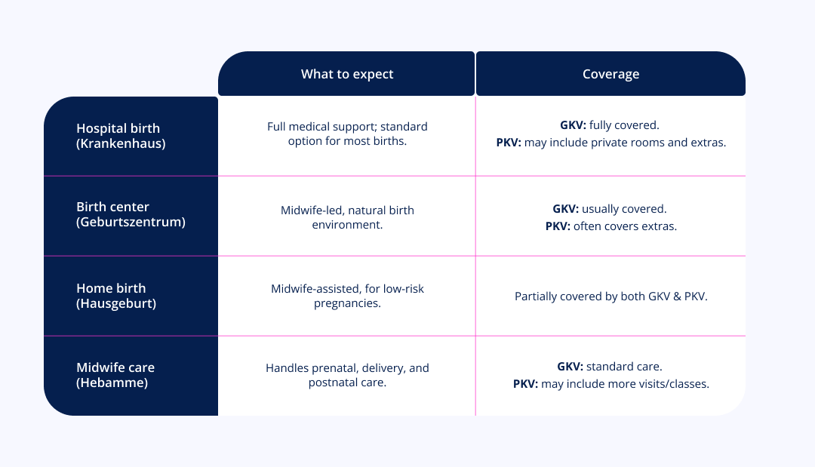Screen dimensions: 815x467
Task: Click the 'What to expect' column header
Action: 346,74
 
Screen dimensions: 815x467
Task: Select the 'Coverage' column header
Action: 610,74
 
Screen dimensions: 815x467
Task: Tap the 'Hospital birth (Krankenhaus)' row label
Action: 121,136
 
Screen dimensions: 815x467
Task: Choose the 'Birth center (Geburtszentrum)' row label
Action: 131,214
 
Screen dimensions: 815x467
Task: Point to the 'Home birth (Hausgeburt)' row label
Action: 116,296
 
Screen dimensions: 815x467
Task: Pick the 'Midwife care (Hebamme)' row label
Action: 115,374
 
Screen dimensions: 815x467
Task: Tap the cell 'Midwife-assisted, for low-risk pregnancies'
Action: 347,296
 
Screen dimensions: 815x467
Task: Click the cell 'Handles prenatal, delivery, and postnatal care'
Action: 347,374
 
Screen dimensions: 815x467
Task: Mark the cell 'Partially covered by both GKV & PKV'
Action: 610,296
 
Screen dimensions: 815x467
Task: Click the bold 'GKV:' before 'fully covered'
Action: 573,124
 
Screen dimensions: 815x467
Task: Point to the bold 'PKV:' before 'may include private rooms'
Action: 509,143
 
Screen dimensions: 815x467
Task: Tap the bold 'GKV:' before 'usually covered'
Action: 565,208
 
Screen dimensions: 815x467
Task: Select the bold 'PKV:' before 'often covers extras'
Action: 558,226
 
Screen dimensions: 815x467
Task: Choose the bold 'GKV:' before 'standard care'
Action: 570,366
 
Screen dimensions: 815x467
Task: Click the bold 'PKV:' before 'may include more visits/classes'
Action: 525,384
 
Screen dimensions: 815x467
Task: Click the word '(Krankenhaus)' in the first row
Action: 121,143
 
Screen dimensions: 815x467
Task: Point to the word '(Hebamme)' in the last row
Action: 112,383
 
